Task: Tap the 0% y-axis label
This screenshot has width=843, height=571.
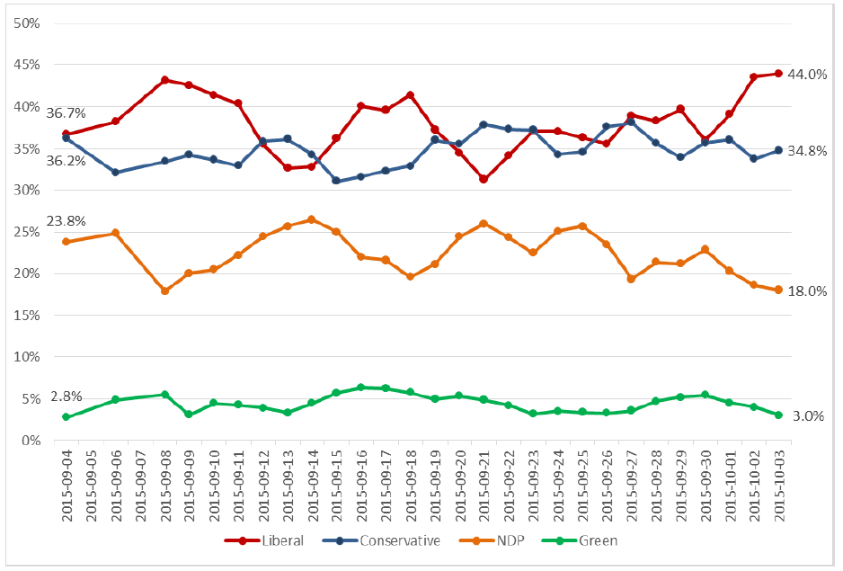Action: (x=31, y=441)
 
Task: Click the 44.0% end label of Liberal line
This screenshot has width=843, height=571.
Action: (x=807, y=75)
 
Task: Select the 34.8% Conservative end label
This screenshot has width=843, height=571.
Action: (x=807, y=150)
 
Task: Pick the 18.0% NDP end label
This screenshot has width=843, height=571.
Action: (x=807, y=290)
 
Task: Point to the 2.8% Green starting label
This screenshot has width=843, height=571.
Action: (x=67, y=397)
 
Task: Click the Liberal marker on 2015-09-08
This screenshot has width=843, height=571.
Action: (x=165, y=80)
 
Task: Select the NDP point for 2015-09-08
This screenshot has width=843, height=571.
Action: (x=165, y=290)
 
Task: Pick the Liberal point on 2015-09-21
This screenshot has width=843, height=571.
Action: (x=484, y=179)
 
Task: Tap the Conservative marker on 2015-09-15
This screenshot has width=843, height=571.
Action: (x=336, y=181)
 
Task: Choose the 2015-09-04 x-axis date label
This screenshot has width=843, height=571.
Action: (x=67, y=486)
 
